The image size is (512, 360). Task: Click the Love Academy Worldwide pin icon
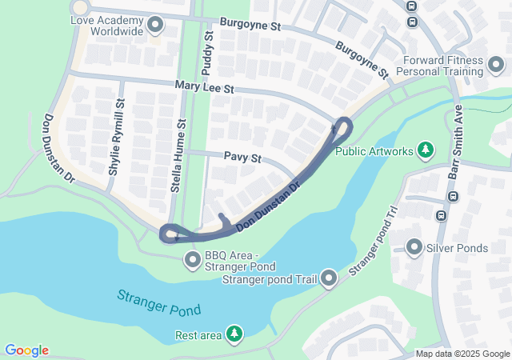pyautogui.click(x=154, y=25)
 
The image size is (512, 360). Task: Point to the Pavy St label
pyautogui.click(x=243, y=158)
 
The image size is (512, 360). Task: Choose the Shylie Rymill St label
pyautogui.click(x=118, y=138)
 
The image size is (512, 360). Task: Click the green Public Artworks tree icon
pyautogui.click(x=426, y=150)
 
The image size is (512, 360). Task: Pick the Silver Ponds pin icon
pyautogui.click(x=414, y=247)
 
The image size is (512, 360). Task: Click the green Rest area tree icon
pyautogui.click(x=234, y=333)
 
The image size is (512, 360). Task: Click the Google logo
pyautogui.click(x=26, y=350)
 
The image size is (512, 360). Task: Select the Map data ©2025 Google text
pyautogui.click(x=462, y=354)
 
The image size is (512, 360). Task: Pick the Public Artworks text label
pyautogui.click(x=374, y=150)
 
